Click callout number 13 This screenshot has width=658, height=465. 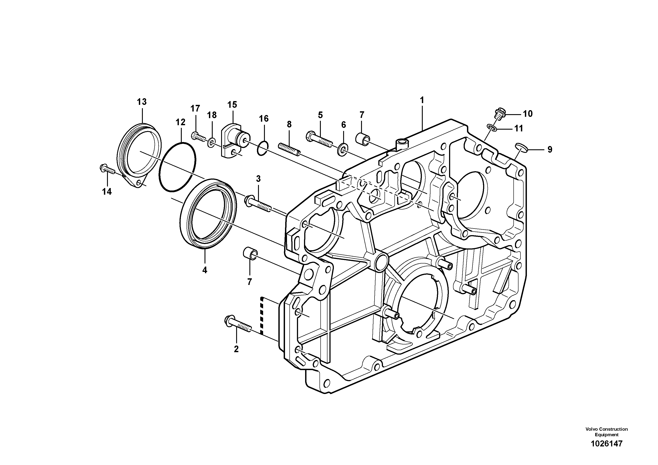[142, 102]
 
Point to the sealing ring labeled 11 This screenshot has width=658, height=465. [492, 127]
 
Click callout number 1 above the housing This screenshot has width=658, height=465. [422, 100]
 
